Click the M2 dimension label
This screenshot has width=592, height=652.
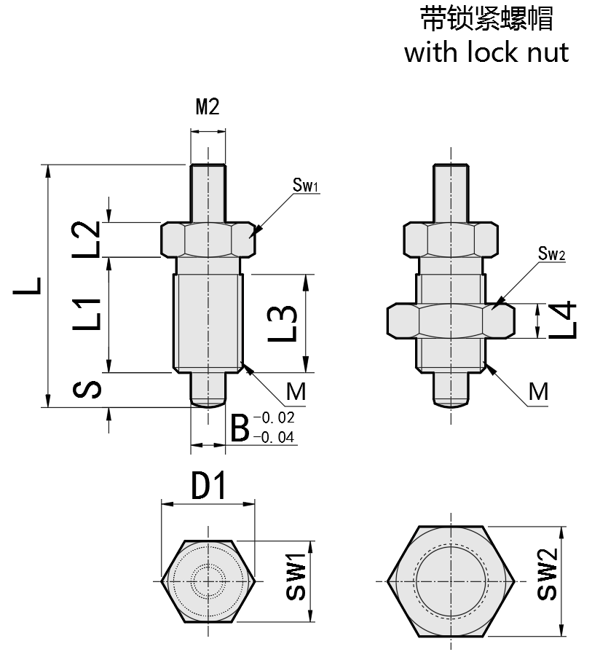[208, 107]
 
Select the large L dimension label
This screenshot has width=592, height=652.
[28, 286]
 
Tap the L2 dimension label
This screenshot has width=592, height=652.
[87, 240]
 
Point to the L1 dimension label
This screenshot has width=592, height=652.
[87, 314]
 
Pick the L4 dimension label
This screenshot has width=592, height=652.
[562, 320]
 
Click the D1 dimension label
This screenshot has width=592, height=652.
[209, 487]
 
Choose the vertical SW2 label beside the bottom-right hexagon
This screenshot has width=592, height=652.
[548, 576]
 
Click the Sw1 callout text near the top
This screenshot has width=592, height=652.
[306, 186]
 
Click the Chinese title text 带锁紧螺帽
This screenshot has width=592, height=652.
[486, 19]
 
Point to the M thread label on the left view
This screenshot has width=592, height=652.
[295, 392]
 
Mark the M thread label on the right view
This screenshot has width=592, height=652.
[538, 392]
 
